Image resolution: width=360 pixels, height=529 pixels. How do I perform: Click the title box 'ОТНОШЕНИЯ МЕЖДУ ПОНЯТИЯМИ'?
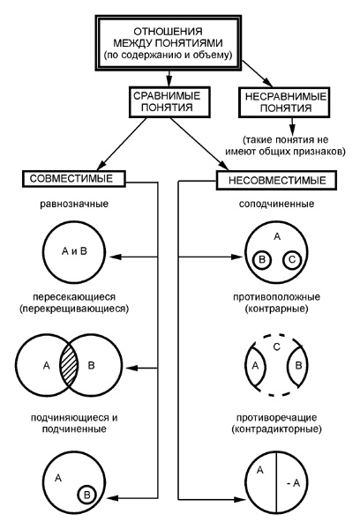pyautogui.click(x=169, y=43)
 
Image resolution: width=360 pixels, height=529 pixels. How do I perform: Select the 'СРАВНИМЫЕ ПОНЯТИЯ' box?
pyautogui.click(x=169, y=102)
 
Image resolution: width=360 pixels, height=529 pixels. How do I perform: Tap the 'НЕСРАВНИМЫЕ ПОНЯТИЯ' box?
pyautogui.click(x=284, y=102)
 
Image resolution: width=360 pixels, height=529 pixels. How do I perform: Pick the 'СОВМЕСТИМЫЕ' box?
pyautogui.click(x=73, y=178)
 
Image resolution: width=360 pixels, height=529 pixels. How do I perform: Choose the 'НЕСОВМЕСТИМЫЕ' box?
pyautogui.click(x=276, y=180)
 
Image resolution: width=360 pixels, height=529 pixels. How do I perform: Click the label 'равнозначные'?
pyautogui.click(x=74, y=205)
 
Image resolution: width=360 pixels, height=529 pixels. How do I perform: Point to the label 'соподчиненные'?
pyautogui.click(x=276, y=205)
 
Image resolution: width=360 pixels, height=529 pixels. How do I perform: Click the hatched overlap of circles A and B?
pyautogui.click(x=69, y=365)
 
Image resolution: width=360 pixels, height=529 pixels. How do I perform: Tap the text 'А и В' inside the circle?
pyautogui.click(x=74, y=251)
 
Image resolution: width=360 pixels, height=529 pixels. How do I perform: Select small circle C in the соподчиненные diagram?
pyautogui.click(x=292, y=260)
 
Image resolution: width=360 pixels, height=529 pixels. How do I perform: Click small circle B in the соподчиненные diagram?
pyautogui.click(x=262, y=260)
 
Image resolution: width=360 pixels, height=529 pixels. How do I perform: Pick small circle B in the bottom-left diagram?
pyautogui.click(x=86, y=495)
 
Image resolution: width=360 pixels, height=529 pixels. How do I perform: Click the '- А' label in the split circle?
pyautogui.click(x=293, y=483)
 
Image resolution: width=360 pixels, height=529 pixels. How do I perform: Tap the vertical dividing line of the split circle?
pyautogui.click(x=276, y=483)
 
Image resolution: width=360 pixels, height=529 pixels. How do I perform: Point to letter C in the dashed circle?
pyautogui.click(x=276, y=346)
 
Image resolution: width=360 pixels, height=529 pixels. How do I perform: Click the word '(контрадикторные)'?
pyautogui.click(x=276, y=429)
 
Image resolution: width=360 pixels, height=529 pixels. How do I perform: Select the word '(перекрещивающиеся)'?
pyautogui.click(x=74, y=309)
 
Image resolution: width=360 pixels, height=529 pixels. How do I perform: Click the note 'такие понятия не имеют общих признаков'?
pyautogui.click(x=285, y=145)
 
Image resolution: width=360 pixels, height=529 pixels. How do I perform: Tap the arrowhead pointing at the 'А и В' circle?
pyautogui.click(x=116, y=257)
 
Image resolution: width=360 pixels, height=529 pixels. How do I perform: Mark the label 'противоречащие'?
pyautogui.click(x=276, y=418)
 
